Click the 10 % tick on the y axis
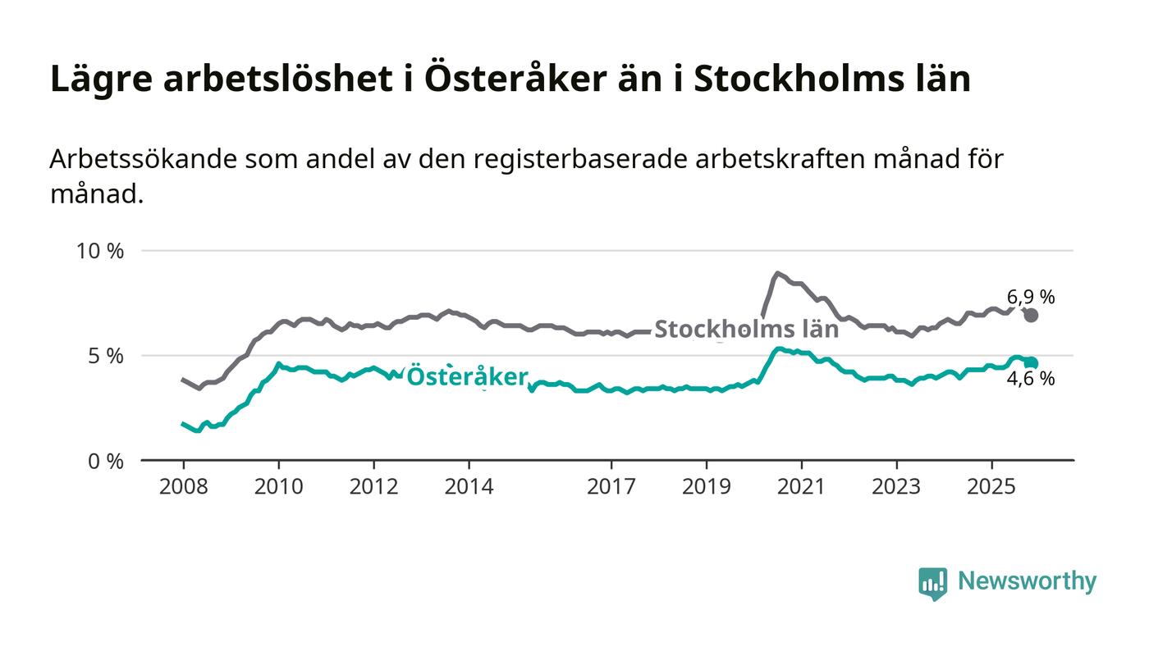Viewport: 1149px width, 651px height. [x=100, y=251]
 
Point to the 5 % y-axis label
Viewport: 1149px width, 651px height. [x=106, y=356]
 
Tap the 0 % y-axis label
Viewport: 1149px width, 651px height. [x=106, y=462]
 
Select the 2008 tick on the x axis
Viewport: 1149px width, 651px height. [x=183, y=486]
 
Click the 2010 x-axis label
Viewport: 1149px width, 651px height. [x=277, y=486]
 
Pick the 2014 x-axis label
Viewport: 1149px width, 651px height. [x=469, y=486]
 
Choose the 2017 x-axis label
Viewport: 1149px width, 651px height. [x=611, y=486]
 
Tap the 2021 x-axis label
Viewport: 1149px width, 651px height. [x=801, y=486]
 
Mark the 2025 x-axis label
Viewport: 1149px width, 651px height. [x=991, y=486]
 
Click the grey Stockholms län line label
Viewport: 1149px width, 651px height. [x=746, y=330]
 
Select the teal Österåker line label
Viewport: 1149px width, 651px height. [x=467, y=376]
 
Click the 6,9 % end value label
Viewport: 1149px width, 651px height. [x=1031, y=298]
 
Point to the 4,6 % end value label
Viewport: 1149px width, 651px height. [x=1031, y=379]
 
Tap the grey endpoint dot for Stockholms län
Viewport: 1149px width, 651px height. [x=1032, y=316]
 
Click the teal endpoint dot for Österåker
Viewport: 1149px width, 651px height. [x=1032, y=363]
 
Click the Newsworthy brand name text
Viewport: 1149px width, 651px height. [x=1027, y=581]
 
